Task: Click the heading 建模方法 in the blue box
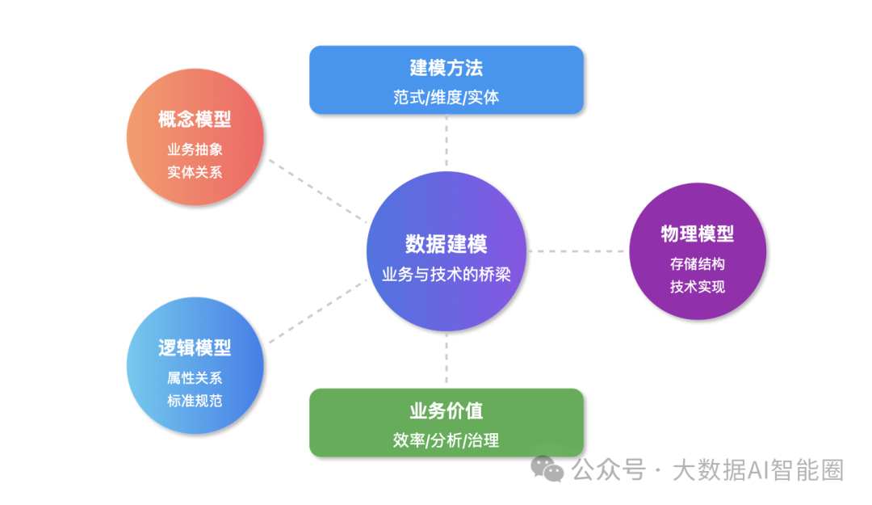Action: click(x=446, y=68)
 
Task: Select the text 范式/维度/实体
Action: click(x=446, y=98)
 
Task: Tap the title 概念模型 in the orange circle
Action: click(x=195, y=120)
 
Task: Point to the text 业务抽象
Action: click(x=195, y=149)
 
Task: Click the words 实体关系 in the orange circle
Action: click(x=195, y=172)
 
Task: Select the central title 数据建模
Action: click(x=446, y=244)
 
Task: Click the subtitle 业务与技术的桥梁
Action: click(x=446, y=274)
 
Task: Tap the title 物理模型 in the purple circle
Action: click(x=697, y=234)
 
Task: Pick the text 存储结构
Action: click(x=697, y=264)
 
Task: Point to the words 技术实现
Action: click(x=697, y=287)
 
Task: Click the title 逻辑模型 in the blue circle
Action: click(x=195, y=348)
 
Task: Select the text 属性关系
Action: click(x=195, y=378)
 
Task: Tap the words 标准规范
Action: click(x=195, y=401)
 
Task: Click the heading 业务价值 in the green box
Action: click(x=446, y=411)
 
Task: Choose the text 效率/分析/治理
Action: click(x=446, y=441)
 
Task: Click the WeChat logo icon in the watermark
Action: click(x=552, y=469)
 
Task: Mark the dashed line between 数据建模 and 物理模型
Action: click(x=576, y=251)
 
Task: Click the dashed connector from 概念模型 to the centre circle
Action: click(x=317, y=190)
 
